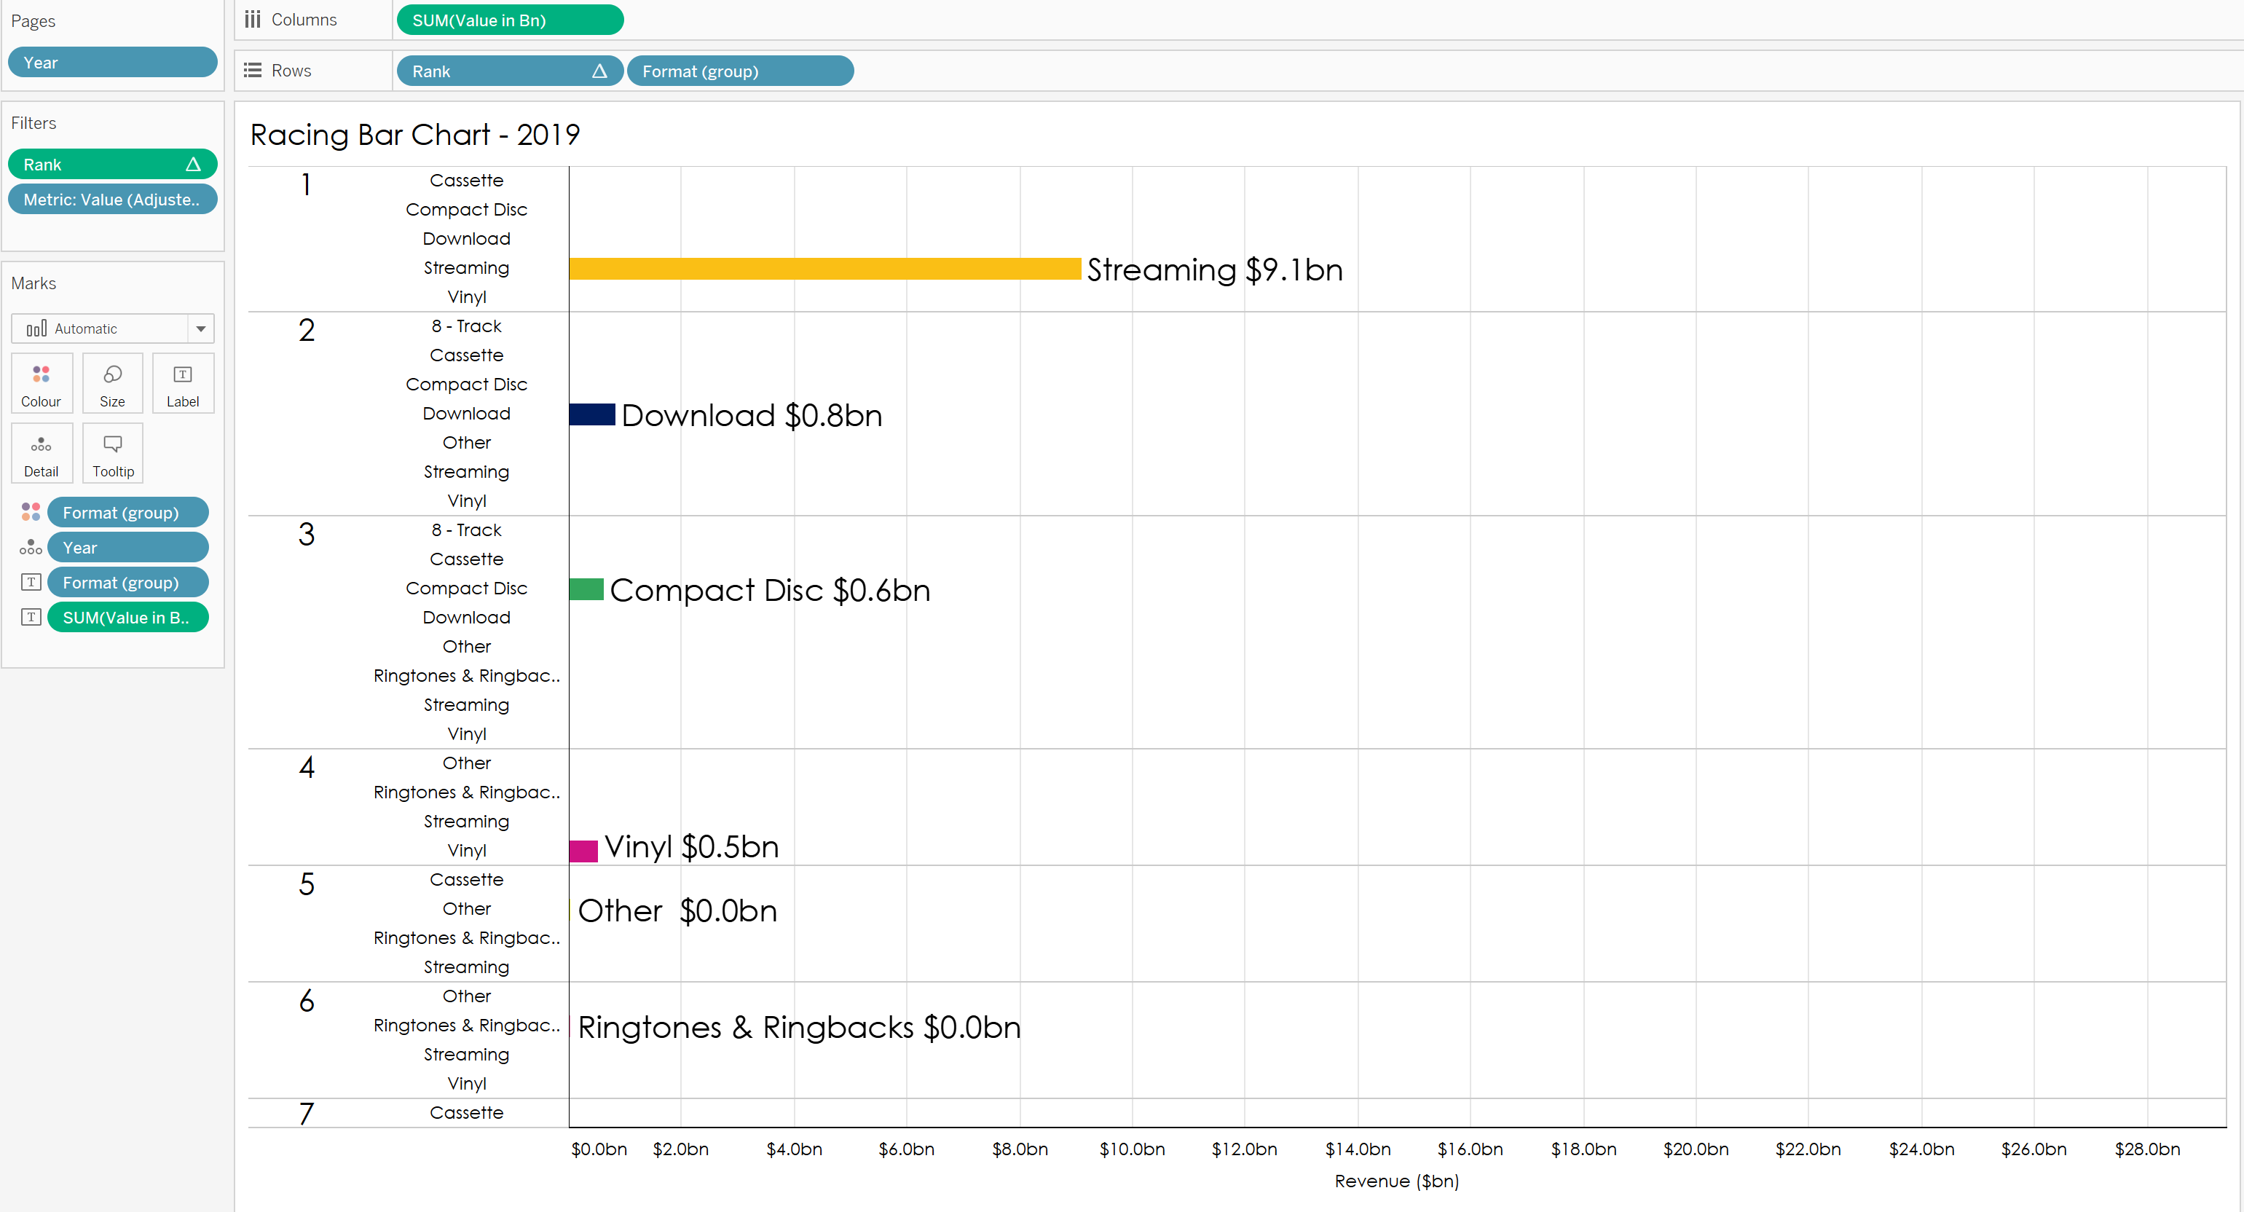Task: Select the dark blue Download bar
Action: point(592,414)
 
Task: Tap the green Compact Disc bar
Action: point(586,589)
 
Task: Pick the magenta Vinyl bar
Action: point(583,851)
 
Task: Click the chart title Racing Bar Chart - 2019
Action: point(414,135)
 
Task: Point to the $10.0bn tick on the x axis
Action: point(1132,1149)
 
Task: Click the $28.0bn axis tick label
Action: point(2147,1149)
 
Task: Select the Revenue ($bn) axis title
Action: point(1396,1181)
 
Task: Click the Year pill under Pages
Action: point(112,63)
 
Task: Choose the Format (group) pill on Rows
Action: point(739,71)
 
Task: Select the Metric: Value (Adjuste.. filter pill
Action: point(112,200)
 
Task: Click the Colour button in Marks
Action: point(41,383)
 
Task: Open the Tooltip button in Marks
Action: point(113,453)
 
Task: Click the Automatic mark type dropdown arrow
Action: point(201,328)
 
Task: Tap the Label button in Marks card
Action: point(183,383)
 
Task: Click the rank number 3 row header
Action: point(307,534)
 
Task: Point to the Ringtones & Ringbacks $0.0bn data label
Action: point(799,1027)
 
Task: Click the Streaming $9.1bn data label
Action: point(1214,270)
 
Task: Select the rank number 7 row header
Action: point(307,1114)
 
